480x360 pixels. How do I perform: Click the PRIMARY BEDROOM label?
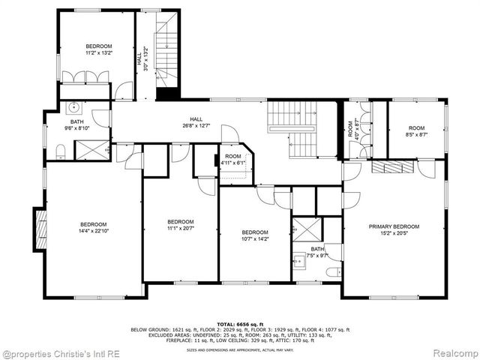394,226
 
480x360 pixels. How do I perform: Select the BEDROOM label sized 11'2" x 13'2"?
98,46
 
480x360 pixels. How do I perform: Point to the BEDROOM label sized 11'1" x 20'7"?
181,221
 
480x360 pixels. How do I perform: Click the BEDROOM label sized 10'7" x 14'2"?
255,233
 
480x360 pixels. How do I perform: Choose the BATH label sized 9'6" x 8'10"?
77,121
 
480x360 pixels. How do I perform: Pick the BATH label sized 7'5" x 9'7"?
317,249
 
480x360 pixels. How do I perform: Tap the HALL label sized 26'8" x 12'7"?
196,119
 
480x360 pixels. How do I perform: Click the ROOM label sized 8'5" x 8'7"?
416,127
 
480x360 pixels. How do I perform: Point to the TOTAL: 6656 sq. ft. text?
240,323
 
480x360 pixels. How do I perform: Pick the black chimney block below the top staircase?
168,94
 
